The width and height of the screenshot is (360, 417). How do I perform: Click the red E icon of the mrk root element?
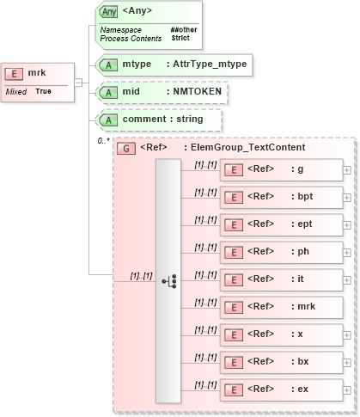coord(16,74)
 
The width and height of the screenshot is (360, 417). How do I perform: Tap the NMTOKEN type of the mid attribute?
coord(194,91)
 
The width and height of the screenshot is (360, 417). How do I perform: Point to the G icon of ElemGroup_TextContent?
coord(126,148)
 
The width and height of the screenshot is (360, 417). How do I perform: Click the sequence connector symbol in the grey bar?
coord(168,280)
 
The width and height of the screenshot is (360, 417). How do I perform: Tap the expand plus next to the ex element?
coord(346,389)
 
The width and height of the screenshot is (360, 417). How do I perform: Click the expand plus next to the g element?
coord(346,169)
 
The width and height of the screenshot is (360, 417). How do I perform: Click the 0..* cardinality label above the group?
coord(102,140)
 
